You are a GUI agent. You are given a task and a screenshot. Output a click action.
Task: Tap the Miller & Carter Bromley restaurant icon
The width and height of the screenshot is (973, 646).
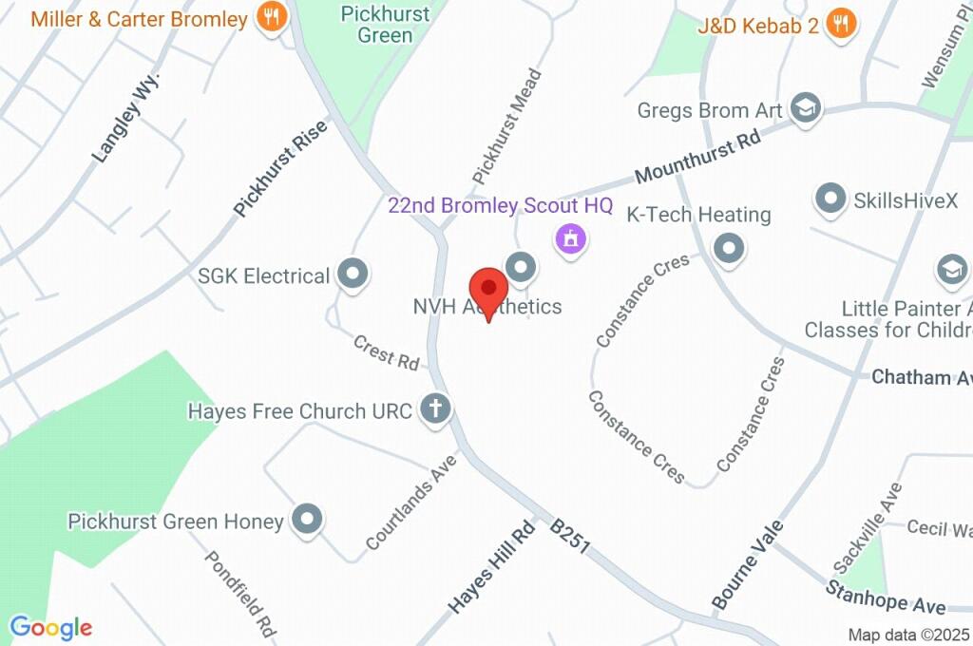(272, 18)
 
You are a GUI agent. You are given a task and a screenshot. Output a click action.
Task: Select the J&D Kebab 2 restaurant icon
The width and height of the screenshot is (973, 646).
(840, 24)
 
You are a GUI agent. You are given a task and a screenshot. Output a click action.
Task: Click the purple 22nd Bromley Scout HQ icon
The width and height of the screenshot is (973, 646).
(571, 238)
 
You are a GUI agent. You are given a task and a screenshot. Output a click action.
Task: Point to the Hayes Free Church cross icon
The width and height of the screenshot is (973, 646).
(436, 409)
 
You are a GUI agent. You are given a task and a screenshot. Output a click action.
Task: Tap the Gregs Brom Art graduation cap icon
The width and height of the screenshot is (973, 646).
(806, 109)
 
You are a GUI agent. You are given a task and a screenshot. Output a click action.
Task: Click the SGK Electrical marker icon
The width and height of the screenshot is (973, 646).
(354, 275)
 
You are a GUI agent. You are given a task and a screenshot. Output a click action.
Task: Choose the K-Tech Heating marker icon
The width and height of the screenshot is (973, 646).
(729, 249)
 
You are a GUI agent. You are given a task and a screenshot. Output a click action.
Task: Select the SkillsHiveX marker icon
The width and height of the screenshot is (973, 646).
(830, 199)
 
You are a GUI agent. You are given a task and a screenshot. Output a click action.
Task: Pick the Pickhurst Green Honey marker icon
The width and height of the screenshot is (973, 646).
(307, 520)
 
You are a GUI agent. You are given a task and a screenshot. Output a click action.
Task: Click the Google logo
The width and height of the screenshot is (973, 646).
(50, 628)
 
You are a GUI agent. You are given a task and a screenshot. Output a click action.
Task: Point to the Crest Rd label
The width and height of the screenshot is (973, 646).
(386, 352)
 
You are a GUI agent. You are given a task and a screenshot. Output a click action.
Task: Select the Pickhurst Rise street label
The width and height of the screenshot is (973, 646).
(280, 168)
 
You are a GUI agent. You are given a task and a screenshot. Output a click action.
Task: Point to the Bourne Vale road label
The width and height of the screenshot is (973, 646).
(748, 564)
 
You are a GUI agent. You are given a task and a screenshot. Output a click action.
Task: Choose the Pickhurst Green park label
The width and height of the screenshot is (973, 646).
(386, 25)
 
